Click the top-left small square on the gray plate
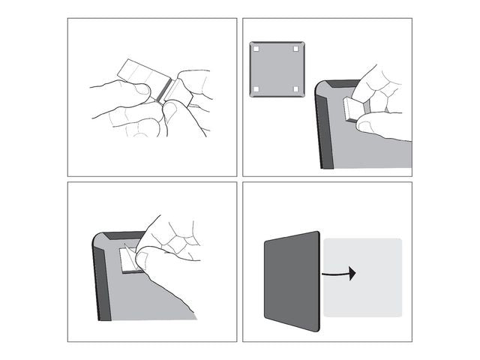click(256, 49)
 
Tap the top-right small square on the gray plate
click(296, 49)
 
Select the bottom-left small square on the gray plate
click(256, 89)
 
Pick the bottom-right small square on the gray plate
click(296, 89)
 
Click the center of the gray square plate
click(276, 69)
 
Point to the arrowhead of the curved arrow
click(352, 274)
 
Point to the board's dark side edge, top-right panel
click(324, 127)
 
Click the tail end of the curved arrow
click(324, 275)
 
